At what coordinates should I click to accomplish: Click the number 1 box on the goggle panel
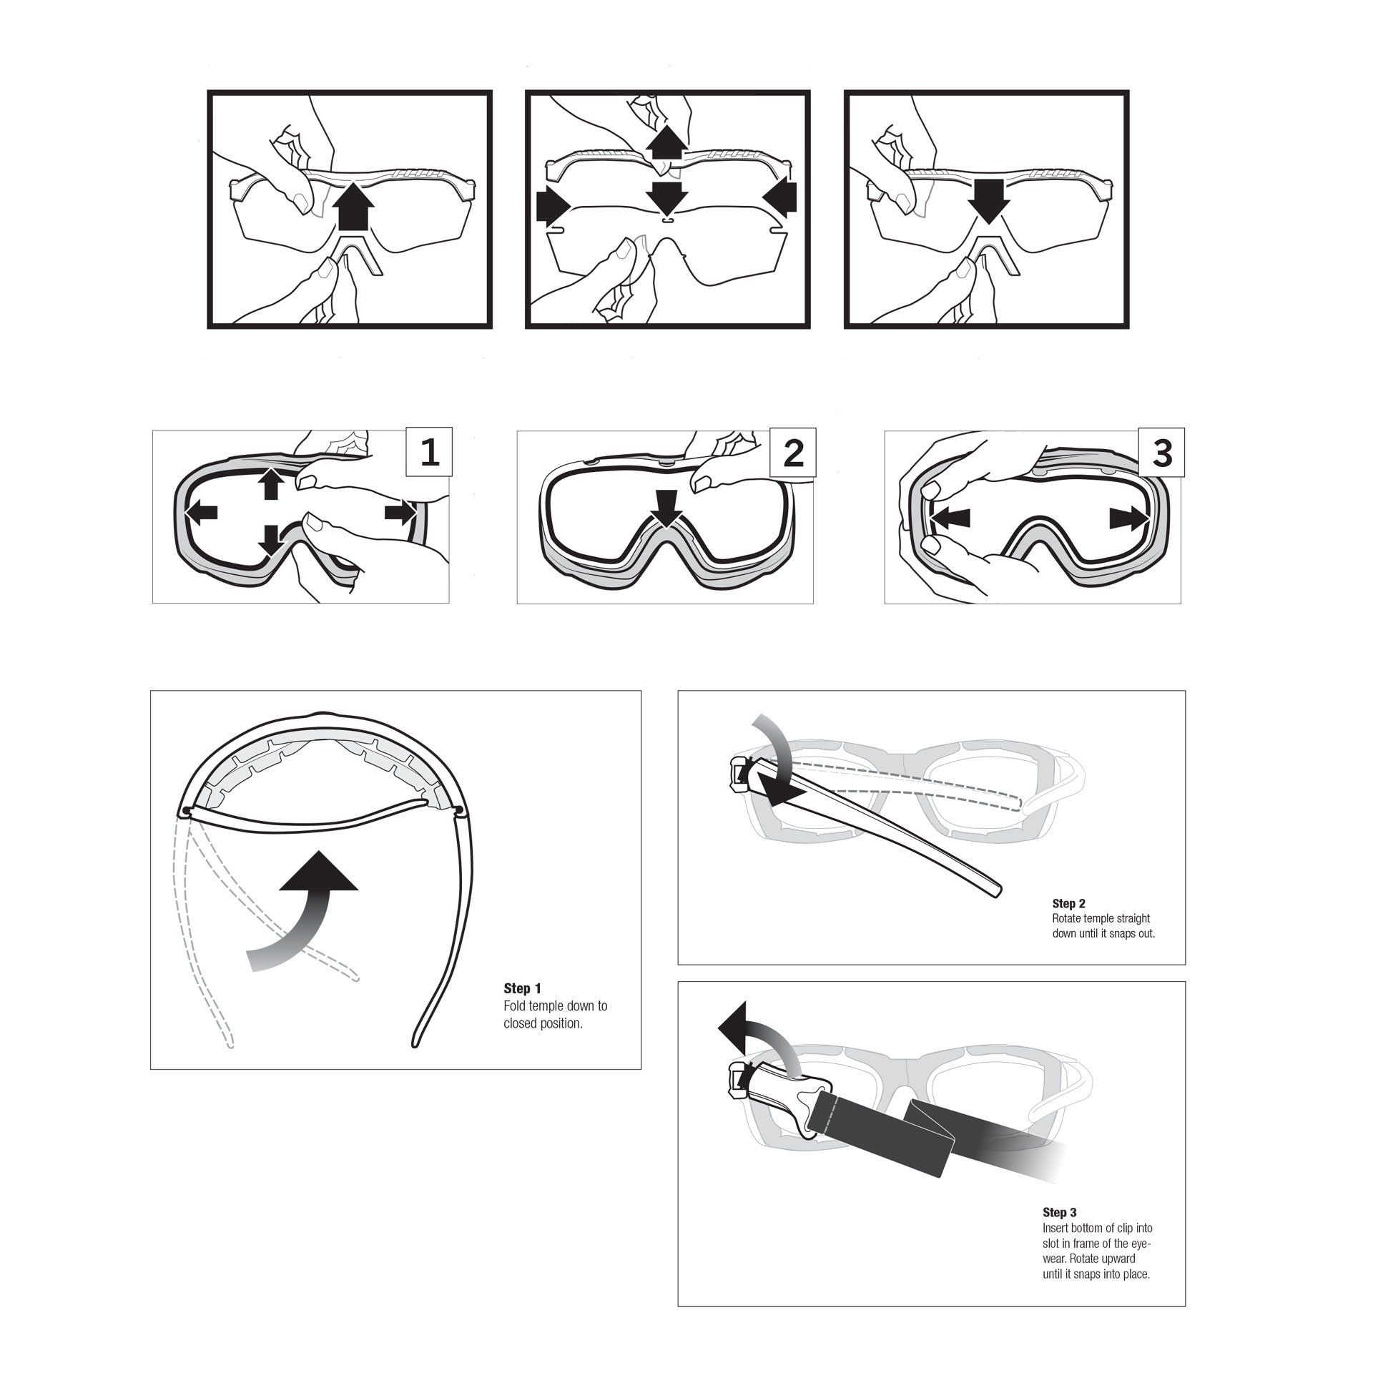(429, 452)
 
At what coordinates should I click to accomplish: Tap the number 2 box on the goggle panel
(793, 452)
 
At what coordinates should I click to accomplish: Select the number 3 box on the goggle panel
(1161, 452)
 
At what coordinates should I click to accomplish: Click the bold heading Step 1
(522, 988)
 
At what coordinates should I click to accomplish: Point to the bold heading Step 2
(1069, 904)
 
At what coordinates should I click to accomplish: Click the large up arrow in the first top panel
(355, 203)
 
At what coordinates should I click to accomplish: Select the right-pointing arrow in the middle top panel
(553, 206)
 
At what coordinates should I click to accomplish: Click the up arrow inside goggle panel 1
(270, 483)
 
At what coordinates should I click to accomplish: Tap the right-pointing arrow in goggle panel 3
(1128, 518)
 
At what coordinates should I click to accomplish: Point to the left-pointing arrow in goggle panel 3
(950, 518)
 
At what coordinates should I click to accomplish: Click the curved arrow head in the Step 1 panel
(318, 871)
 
